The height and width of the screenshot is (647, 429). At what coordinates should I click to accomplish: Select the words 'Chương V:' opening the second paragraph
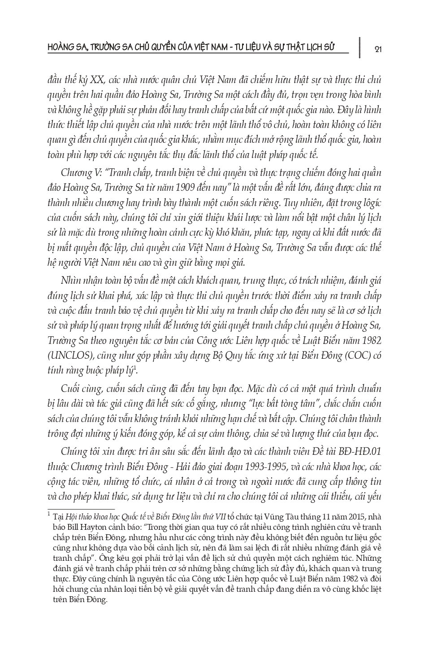[76, 173]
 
